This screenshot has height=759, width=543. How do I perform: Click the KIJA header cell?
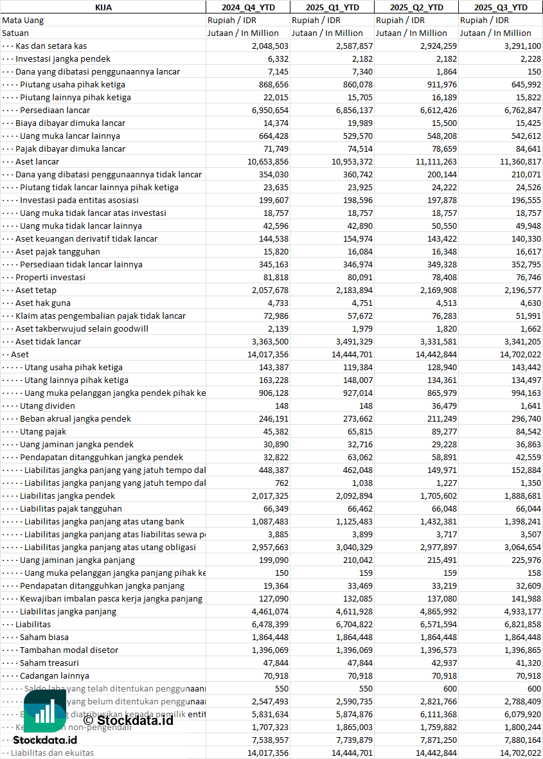103,7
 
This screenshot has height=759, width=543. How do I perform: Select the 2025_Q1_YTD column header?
332,7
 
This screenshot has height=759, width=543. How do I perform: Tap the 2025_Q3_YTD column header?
501,7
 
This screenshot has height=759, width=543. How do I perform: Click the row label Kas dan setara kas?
51,46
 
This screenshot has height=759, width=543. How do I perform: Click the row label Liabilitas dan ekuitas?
52,753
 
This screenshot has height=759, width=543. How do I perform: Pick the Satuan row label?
15,33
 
